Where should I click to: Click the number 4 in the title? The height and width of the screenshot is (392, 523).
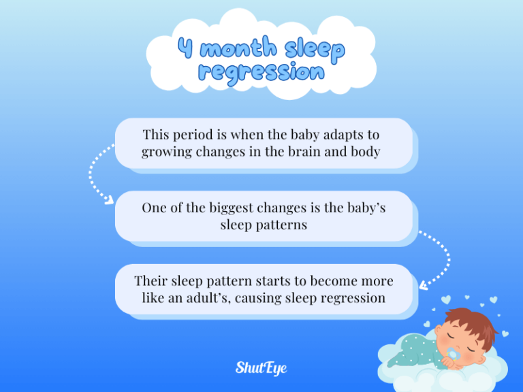(x=185, y=48)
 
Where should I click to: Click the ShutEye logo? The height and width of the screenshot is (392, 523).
(x=261, y=368)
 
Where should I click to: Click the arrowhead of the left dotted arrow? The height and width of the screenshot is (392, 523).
(x=109, y=200)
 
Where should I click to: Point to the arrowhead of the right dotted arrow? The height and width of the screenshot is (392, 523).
(x=423, y=287)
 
